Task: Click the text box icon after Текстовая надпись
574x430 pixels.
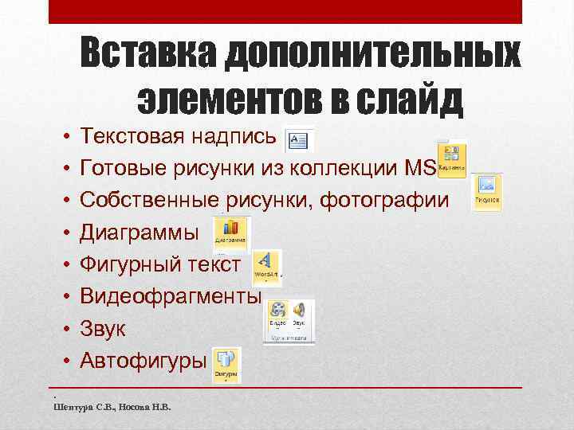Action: [x=299, y=139]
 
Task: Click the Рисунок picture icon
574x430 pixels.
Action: [x=486, y=191]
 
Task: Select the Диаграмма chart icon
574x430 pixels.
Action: [x=231, y=232]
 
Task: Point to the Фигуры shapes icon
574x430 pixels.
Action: [x=226, y=363]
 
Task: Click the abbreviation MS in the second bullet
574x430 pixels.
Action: [x=420, y=168]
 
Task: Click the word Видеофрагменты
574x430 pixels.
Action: [x=171, y=296]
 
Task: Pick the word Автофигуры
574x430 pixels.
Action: [x=143, y=361]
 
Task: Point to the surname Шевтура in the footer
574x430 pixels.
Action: [x=70, y=408]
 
